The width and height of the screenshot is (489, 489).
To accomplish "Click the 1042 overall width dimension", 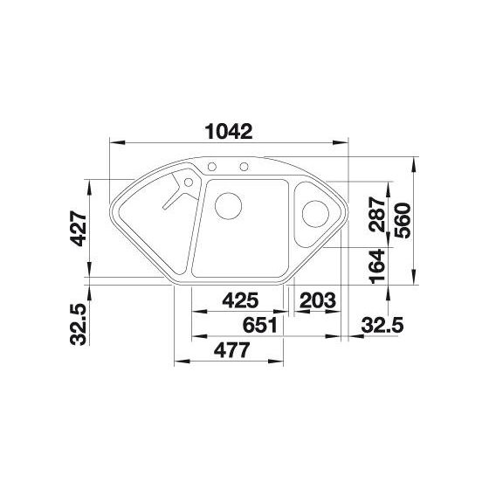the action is click(229, 132).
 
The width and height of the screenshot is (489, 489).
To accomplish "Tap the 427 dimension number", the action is click(78, 229).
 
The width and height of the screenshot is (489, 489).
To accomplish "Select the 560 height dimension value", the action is click(403, 220).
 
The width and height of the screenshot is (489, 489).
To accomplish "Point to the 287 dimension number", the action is click(376, 214).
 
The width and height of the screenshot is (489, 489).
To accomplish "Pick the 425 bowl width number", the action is click(240, 300).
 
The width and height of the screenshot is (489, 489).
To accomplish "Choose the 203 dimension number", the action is click(318, 300).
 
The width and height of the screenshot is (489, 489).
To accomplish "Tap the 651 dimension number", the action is click(260, 325).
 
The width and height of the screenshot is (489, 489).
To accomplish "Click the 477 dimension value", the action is click(232, 350).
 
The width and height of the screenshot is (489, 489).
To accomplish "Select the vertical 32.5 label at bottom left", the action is click(78, 324).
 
